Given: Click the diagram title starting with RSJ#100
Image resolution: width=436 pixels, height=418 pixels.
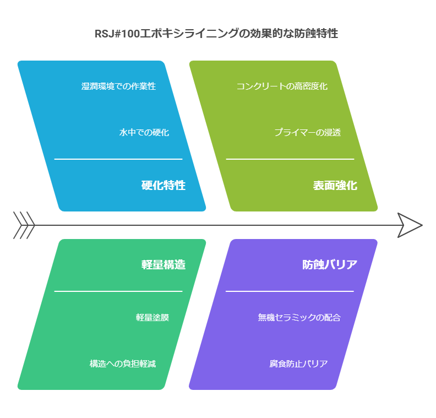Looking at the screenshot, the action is click(x=216, y=34).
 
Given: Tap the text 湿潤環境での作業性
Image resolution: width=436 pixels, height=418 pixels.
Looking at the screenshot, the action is click(x=119, y=86).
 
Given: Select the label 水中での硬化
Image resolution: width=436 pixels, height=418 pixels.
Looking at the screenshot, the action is click(x=144, y=132).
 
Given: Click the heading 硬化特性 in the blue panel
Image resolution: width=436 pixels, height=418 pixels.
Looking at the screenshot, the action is click(x=163, y=185).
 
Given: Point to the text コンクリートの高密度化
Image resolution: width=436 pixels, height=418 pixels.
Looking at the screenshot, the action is click(x=282, y=86).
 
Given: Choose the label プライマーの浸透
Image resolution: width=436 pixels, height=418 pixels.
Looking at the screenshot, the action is click(x=308, y=132).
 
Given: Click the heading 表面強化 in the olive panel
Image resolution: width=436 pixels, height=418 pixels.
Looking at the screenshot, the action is click(x=335, y=185).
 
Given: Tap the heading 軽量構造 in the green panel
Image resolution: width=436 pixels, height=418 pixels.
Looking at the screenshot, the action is click(x=163, y=264).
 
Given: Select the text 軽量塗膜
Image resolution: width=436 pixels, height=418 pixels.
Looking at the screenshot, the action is click(x=152, y=317).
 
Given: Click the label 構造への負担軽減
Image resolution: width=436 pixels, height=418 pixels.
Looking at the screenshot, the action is click(x=123, y=363).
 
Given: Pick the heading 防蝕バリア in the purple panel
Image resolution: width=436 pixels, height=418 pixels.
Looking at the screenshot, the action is click(x=330, y=264).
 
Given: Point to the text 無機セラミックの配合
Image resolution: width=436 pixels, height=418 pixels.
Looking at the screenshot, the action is click(x=299, y=317).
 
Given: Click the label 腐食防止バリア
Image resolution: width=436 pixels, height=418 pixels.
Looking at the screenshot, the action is click(x=298, y=363).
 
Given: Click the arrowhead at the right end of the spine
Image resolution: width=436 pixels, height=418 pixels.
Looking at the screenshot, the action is click(x=410, y=225).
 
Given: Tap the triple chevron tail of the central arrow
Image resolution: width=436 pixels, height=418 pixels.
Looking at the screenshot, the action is click(x=24, y=225).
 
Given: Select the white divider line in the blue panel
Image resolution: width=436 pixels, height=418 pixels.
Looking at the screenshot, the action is click(x=118, y=159).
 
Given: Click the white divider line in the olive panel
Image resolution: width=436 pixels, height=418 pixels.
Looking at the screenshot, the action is click(x=290, y=159).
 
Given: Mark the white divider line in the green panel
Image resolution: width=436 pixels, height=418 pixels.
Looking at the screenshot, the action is click(x=118, y=291).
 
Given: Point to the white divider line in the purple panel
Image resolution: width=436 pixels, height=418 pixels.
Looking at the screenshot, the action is click(x=290, y=291).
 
